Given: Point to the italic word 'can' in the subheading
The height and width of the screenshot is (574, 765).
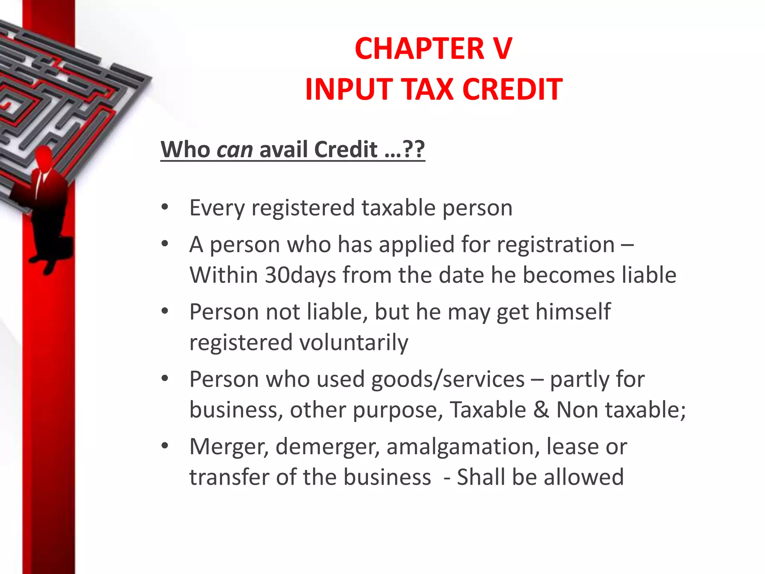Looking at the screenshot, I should tap(235, 149).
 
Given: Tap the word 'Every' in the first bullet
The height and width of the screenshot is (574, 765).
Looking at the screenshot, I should tap(217, 208).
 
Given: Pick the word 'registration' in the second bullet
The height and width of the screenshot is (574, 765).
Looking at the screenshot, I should tap(556, 245).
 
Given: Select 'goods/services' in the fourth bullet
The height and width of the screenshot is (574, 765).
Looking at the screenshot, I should tap(448, 379).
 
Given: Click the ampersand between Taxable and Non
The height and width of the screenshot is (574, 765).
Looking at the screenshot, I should tap(541, 410).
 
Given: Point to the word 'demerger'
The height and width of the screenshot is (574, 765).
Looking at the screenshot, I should tap(327, 447).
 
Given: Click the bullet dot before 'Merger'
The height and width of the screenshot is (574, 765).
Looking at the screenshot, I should tap(165, 446).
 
